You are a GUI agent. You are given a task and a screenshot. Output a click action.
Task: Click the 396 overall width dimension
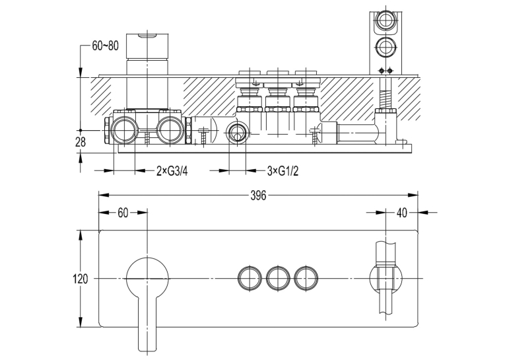coord(258,195)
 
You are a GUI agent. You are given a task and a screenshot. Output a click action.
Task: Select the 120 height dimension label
coord(80,279)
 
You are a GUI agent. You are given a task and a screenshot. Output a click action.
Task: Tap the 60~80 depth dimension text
coord(106,46)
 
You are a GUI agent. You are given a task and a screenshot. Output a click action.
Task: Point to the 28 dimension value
coord(81,142)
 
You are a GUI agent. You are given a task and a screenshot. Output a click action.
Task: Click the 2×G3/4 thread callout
coord(172,171)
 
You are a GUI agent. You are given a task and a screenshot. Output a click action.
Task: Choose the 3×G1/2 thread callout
coord(283,171)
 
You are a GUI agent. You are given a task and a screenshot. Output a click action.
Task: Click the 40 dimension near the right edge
coord(401,213)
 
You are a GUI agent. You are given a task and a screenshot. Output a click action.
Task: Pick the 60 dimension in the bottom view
coord(123,213)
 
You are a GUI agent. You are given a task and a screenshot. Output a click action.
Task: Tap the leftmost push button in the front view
coord(250,278)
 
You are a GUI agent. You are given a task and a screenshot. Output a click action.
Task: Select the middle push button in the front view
coord(278,278)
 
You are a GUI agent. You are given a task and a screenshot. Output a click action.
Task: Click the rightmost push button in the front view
coord(306,278)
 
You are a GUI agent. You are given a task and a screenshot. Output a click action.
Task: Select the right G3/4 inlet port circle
coord(170,130)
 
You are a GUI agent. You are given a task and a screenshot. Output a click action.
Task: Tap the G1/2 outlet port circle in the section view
coord(238,133)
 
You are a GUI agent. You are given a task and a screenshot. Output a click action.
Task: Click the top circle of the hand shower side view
coord(386,19)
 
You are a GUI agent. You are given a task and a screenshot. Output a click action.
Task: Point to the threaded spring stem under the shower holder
coord(386,93)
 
